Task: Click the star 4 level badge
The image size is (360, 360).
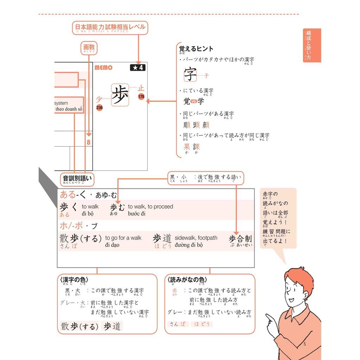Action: point(137,67)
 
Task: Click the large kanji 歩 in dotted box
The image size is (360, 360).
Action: point(120,95)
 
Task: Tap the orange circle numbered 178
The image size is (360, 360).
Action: point(141,97)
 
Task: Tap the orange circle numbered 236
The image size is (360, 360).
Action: point(99,108)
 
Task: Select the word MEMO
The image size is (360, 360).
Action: point(103,67)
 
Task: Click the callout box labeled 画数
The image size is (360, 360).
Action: point(89,49)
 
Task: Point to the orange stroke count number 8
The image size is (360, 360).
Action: point(89,142)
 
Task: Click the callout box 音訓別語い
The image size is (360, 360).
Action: point(77,179)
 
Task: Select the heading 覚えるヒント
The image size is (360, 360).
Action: point(196,49)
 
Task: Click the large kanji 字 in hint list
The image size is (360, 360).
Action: point(190,74)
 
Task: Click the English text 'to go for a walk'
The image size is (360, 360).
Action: point(123,238)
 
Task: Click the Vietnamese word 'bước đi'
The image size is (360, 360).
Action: point(137,214)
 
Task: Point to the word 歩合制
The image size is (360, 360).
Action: point(240,239)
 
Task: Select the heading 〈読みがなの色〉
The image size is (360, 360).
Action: point(186,280)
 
